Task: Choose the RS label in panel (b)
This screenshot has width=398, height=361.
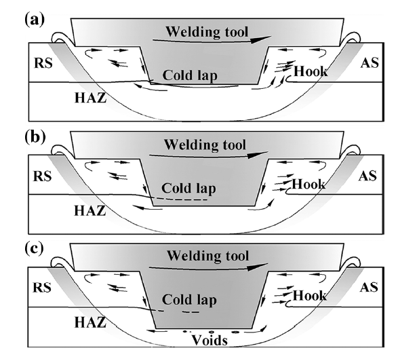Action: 43,177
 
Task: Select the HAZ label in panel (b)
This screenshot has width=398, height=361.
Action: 89,212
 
